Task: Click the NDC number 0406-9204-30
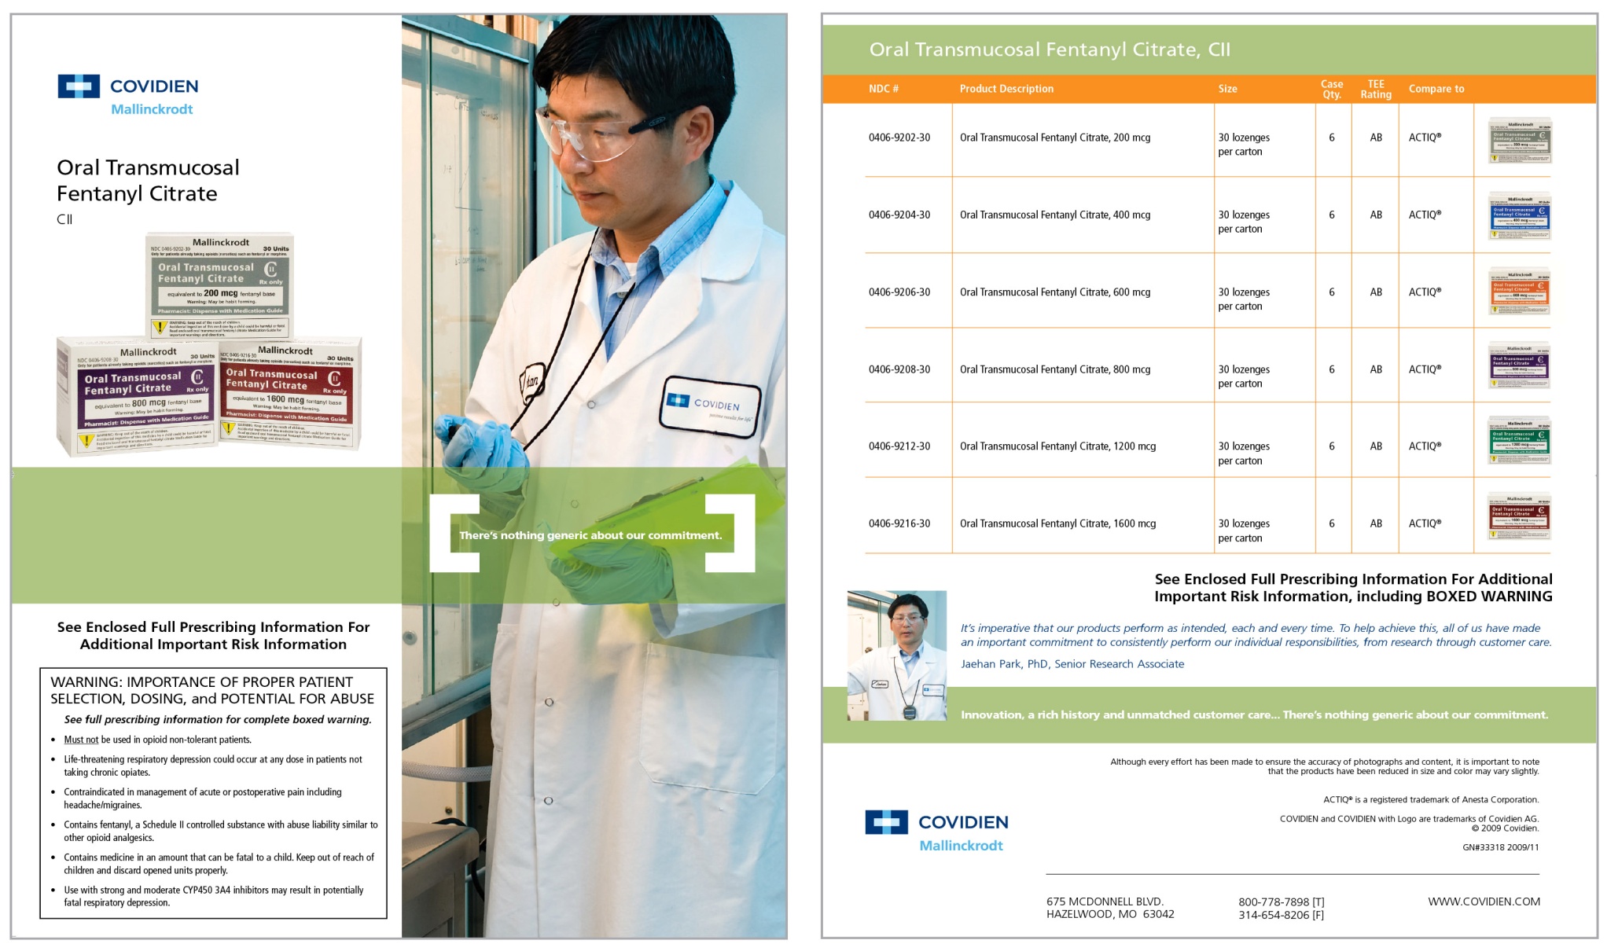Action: [899, 215]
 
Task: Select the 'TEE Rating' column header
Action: [1375, 89]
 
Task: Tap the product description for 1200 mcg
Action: [1057, 446]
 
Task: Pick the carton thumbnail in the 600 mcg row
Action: [1519, 292]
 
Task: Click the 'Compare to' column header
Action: [1436, 89]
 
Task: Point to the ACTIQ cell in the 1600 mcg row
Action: [1425, 523]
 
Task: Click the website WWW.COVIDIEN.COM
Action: [1484, 901]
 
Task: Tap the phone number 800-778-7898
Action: [1274, 902]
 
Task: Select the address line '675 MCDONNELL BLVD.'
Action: [1105, 901]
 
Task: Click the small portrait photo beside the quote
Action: [896, 655]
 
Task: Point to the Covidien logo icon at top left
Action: [79, 86]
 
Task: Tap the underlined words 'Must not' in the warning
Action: [81, 740]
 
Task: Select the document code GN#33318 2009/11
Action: [1500, 847]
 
